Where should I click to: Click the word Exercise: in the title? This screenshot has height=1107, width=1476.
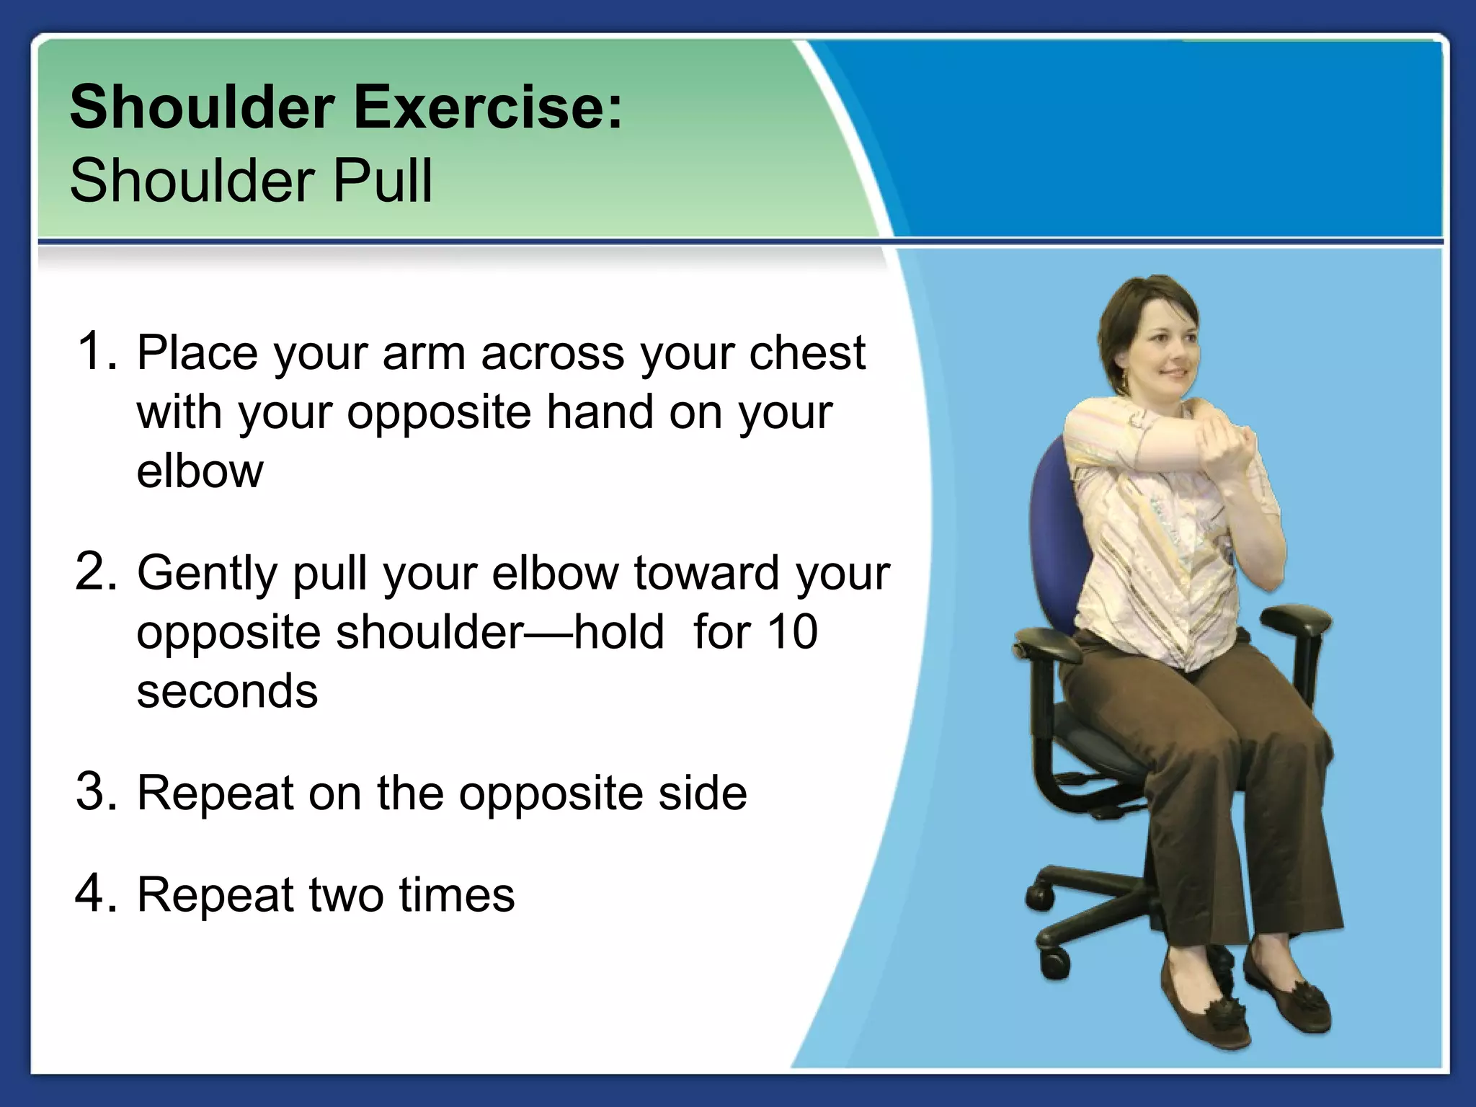pyautogui.click(x=488, y=108)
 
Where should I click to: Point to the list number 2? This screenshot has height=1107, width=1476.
pyautogui.click(x=95, y=572)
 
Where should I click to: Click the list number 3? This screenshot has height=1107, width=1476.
pyautogui.click(x=95, y=792)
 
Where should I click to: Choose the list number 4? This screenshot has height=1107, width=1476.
pyautogui.click(x=95, y=894)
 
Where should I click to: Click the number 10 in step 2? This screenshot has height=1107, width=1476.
pyautogui.click(x=791, y=632)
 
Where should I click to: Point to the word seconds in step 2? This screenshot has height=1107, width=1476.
pyautogui.click(x=227, y=691)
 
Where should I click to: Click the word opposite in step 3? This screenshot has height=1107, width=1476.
pyautogui.click(x=551, y=794)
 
